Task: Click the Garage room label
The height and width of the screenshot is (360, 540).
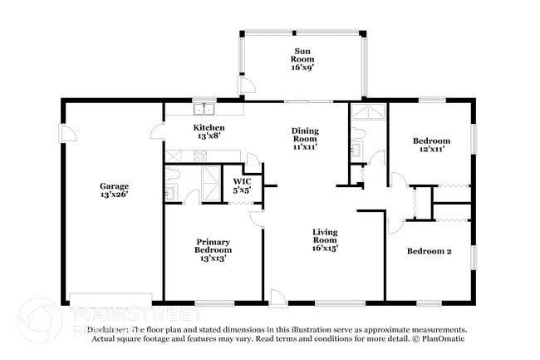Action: point(114,190)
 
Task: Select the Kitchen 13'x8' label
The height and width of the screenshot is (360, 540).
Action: point(209,131)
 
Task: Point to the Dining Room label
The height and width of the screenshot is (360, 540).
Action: point(305,138)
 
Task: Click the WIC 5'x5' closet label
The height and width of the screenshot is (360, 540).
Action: point(242,185)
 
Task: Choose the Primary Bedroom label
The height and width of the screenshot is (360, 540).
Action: point(213,249)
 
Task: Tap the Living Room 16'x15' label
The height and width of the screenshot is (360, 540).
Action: point(325,240)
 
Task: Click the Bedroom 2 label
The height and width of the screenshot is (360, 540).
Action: point(429,250)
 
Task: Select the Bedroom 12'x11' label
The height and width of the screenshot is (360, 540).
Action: point(432,145)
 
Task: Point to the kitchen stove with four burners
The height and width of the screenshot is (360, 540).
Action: point(199,155)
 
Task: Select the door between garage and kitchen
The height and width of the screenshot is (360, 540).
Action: point(157,130)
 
